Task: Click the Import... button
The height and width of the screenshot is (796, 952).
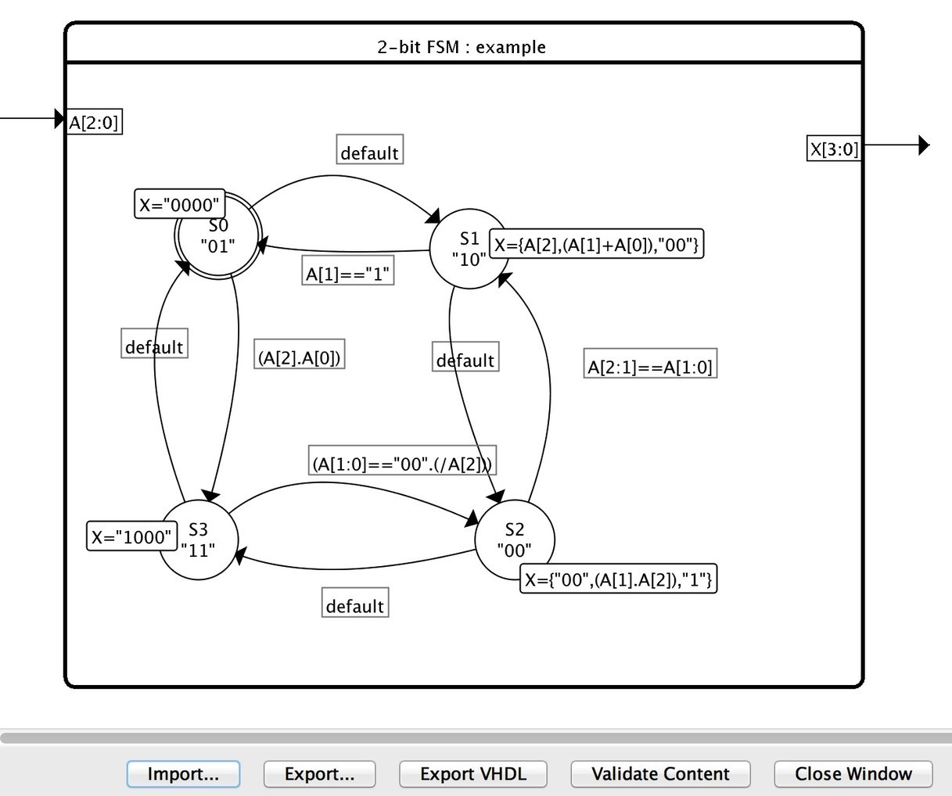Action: pyautogui.click(x=183, y=774)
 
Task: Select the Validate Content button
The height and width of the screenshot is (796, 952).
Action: pyautogui.click(x=660, y=774)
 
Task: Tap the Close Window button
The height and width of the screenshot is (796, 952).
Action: pyautogui.click(x=853, y=774)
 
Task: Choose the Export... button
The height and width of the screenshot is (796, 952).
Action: pyautogui.click(x=319, y=774)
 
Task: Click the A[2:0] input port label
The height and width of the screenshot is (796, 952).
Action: pyautogui.click(x=95, y=122)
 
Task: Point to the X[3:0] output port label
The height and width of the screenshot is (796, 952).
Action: pyautogui.click(x=833, y=149)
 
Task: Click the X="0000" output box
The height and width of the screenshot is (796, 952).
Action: pyautogui.click(x=180, y=205)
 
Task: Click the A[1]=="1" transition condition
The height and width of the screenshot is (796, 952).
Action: pyautogui.click(x=347, y=274)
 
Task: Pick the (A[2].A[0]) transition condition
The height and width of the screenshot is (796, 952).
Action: pyautogui.click(x=299, y=357)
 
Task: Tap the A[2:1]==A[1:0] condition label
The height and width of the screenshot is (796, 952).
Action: pyautogui.click(x=650, y=367)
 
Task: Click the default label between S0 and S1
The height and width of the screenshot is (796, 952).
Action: pyautogui.click(x=369, y=152)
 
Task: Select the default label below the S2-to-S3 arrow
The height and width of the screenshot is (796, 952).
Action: pyautogui.click(x=354, y=606)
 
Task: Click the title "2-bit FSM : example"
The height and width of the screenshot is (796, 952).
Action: pyautogui.click(x=462, y=47)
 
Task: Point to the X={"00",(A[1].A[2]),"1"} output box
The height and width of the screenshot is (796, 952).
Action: pyautogui.click(x=618, y=580)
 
